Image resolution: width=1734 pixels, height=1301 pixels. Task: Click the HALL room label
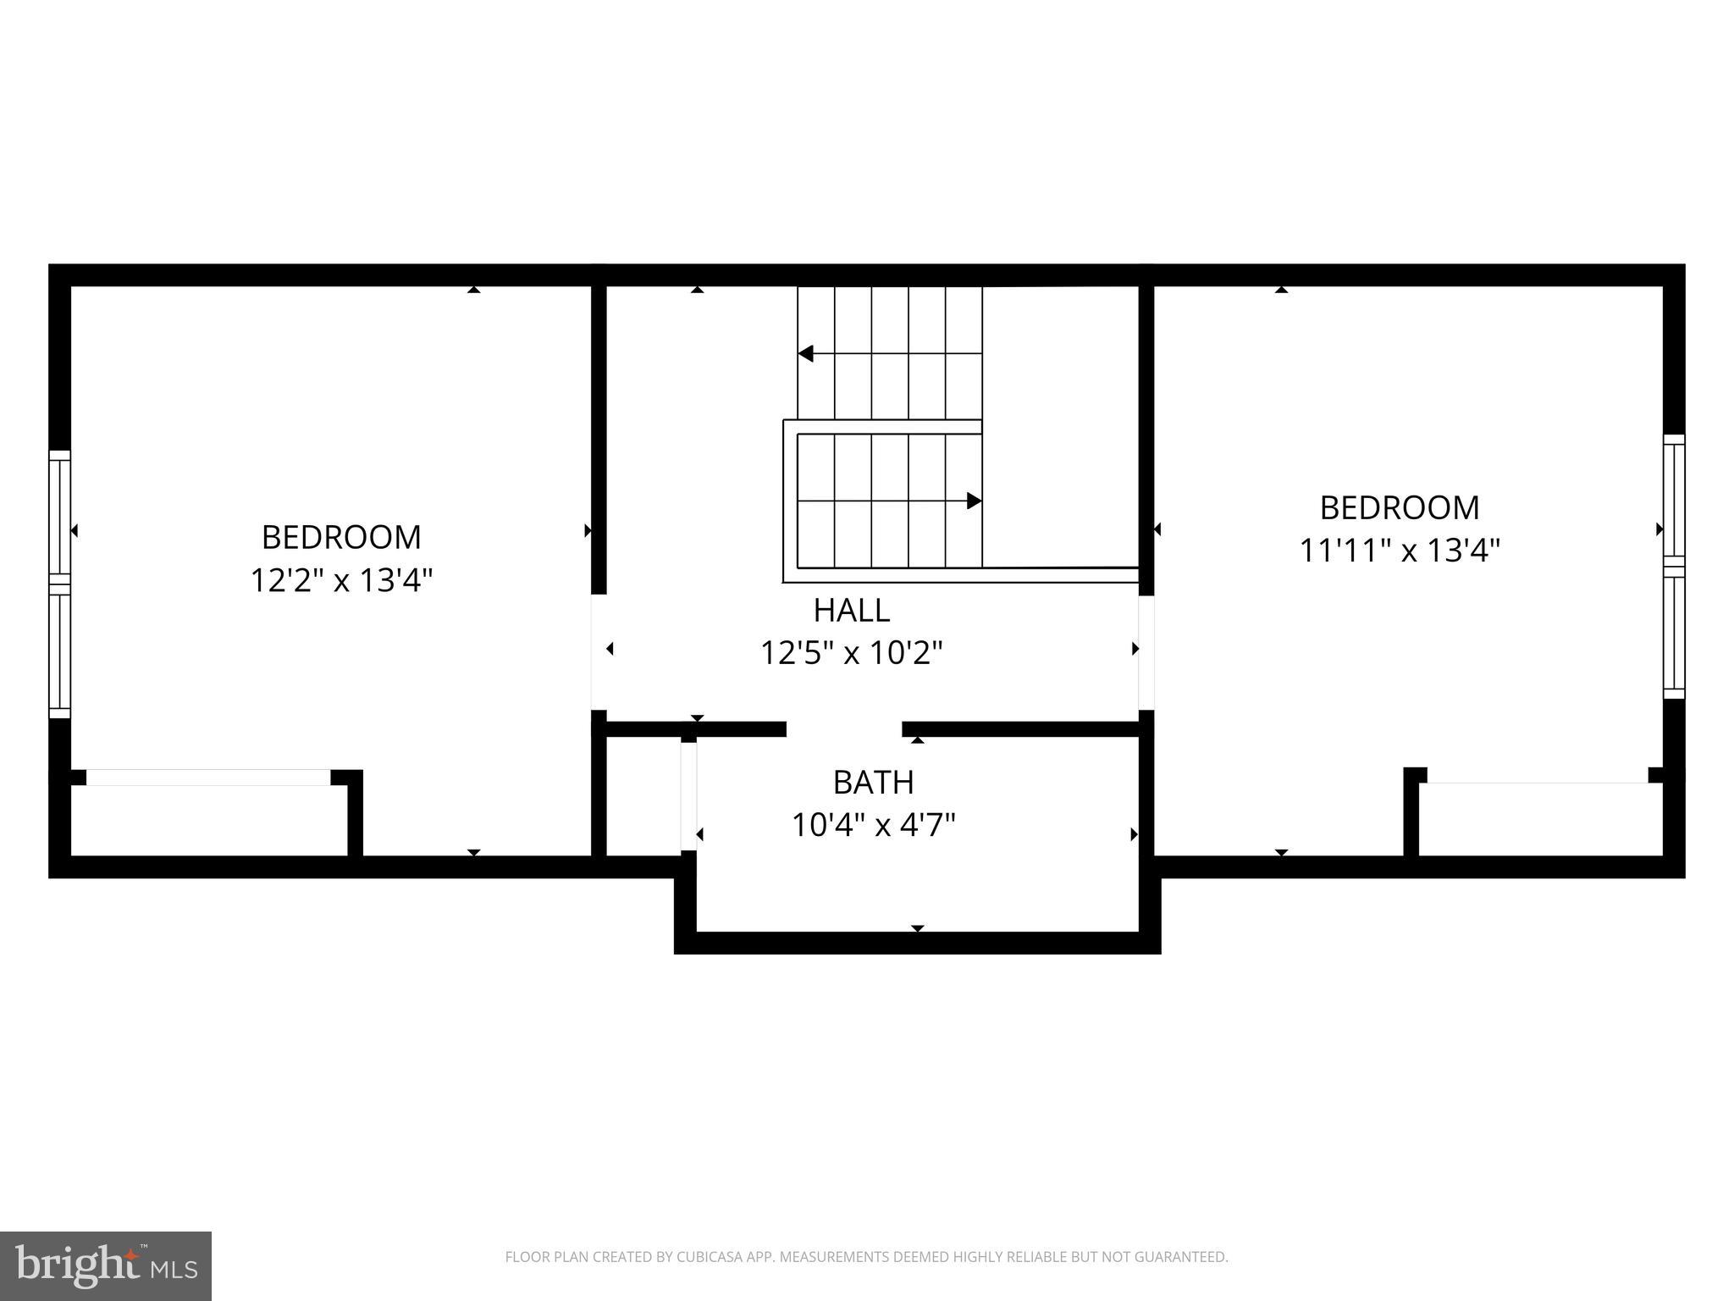coord(851,610)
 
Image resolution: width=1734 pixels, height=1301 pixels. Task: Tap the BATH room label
coord(873,782)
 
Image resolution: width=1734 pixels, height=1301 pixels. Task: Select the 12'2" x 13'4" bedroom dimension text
coord(341,580)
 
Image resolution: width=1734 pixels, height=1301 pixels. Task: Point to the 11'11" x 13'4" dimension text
coord(1400,551)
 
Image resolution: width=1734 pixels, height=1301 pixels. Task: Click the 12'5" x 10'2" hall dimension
coord(851,653)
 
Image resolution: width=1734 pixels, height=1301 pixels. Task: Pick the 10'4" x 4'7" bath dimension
coord(873,825)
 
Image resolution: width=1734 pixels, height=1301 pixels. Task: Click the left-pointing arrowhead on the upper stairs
coord(806,353)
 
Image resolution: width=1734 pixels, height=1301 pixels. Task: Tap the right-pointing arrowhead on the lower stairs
coord(974,501)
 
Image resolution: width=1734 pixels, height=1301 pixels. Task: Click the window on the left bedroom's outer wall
coord(59,584)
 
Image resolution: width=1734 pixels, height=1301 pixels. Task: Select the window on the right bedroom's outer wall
coord(1674,566)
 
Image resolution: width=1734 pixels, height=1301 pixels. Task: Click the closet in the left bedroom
coord(208,819)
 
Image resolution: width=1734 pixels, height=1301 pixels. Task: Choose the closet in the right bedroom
coord(1540,818)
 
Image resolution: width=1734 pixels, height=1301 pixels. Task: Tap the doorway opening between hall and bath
coord(844,729)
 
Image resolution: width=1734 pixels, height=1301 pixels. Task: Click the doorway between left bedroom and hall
coord(599,651)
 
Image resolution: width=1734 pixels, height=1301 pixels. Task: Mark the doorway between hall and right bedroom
coord(1146,652)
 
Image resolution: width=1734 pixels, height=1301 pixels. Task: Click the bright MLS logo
coord(106,1265)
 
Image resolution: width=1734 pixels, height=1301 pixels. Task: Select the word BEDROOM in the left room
coord(341,537)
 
